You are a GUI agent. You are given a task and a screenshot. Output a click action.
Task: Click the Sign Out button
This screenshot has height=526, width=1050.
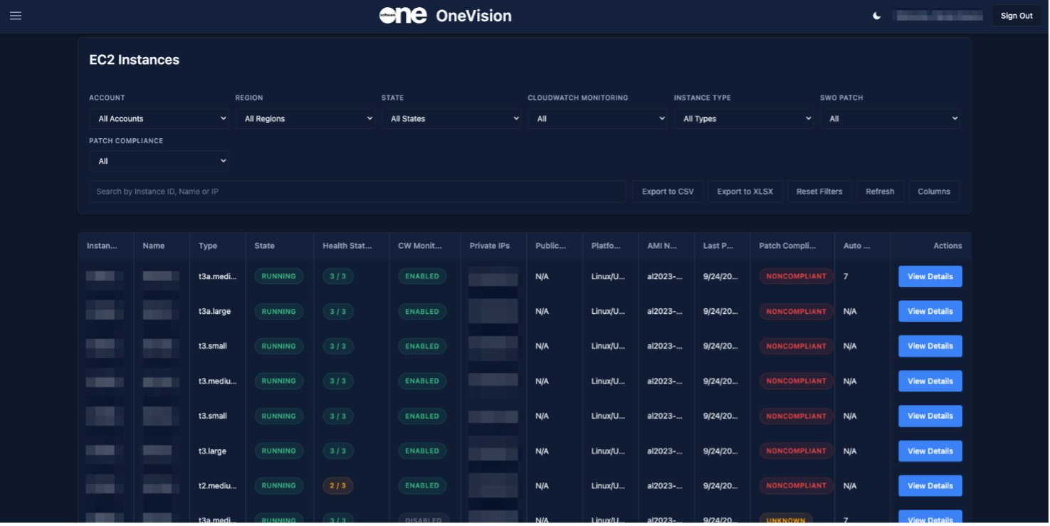1016,16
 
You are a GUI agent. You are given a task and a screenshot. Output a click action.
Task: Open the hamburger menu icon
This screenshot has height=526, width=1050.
16,16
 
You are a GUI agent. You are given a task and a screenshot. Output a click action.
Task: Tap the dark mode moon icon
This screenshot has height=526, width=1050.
877,16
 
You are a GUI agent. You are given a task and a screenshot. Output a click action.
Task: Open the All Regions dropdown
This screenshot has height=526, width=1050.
305,119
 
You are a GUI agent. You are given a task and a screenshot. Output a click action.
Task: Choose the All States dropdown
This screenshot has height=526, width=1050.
451,119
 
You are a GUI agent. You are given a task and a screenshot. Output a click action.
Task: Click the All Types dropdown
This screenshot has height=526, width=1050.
744,119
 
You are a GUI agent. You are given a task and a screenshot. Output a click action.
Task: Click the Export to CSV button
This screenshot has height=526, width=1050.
668,191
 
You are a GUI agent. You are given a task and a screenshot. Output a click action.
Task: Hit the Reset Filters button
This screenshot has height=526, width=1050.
819,191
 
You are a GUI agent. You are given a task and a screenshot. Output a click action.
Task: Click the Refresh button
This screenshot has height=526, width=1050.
880,191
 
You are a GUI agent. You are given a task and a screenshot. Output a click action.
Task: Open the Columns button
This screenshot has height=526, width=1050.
934,191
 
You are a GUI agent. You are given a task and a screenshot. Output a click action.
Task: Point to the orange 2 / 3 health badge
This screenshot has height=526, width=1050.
338,486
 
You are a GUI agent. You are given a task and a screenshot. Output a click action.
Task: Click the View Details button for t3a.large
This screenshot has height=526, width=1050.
930,311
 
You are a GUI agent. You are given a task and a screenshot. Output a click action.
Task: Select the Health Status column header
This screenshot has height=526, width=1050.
347,246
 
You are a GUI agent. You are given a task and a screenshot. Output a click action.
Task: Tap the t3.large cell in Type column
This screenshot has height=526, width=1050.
213,451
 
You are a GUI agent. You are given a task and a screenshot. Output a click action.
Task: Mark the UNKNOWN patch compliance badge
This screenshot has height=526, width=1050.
786,520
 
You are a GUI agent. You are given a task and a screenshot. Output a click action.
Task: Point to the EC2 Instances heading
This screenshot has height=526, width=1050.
134,60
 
